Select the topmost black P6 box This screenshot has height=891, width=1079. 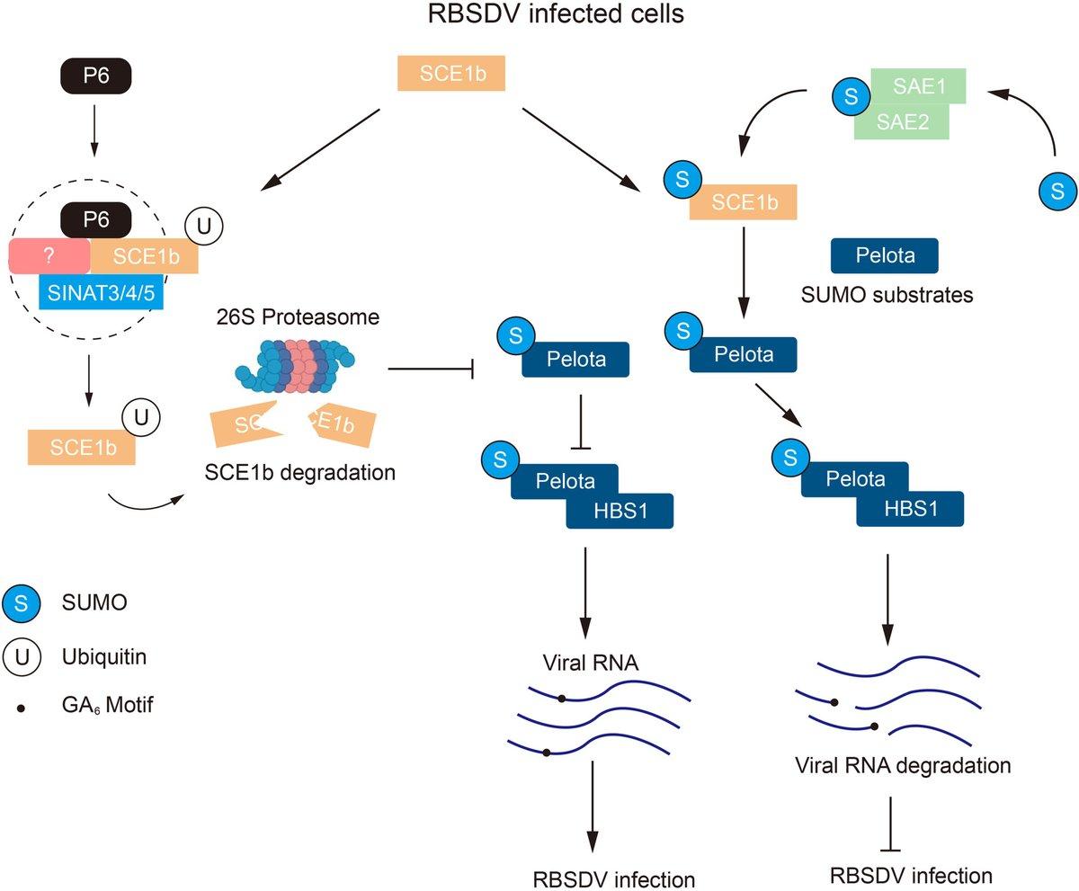click(x=96, y=76)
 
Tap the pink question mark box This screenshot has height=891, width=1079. click(x=49, y=256)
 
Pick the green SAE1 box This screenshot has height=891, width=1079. click(x=917, y=86)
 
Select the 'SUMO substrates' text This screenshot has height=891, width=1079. click(x=886, y=294)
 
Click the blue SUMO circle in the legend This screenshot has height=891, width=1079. click(x=22, y=603)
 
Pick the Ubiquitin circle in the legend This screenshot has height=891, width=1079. click(x=22, y=657)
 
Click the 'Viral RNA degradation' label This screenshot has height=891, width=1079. click(x=904, y=766)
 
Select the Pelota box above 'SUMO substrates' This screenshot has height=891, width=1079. click(x=885, y=255)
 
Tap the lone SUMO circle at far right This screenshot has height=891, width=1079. click(x=1057, y=191)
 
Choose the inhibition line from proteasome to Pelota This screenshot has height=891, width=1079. click(x=430, y=369)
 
